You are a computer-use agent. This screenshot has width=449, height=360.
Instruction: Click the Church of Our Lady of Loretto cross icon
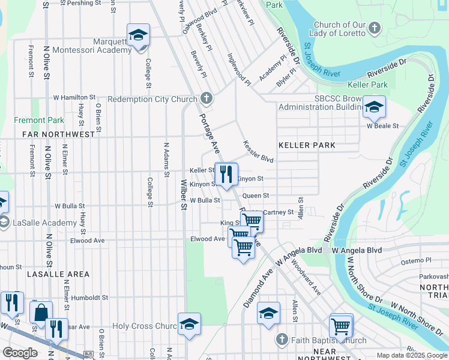point(374,28)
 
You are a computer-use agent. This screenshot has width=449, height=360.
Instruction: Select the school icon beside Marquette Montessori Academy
point(138,35)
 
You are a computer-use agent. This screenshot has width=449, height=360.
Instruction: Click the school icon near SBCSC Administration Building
point(374,107)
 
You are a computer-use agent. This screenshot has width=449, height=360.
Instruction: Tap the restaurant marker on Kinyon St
point(226,174)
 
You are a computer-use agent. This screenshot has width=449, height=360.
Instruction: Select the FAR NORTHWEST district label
point(58,134)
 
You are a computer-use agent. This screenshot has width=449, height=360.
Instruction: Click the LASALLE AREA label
point(58,274)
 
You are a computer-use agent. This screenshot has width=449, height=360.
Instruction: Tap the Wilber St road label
point(183,195)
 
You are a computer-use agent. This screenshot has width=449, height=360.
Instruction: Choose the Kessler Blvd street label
point(259,152)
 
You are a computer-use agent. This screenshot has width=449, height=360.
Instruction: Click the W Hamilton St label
point(74,97)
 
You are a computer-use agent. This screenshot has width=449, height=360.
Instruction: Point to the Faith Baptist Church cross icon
point(280,340)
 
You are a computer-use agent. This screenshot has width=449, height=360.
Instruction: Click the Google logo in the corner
point(20,353)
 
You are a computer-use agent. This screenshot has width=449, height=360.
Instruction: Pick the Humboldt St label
point(89,297)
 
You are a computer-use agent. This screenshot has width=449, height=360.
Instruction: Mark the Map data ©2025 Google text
point(411,355)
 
